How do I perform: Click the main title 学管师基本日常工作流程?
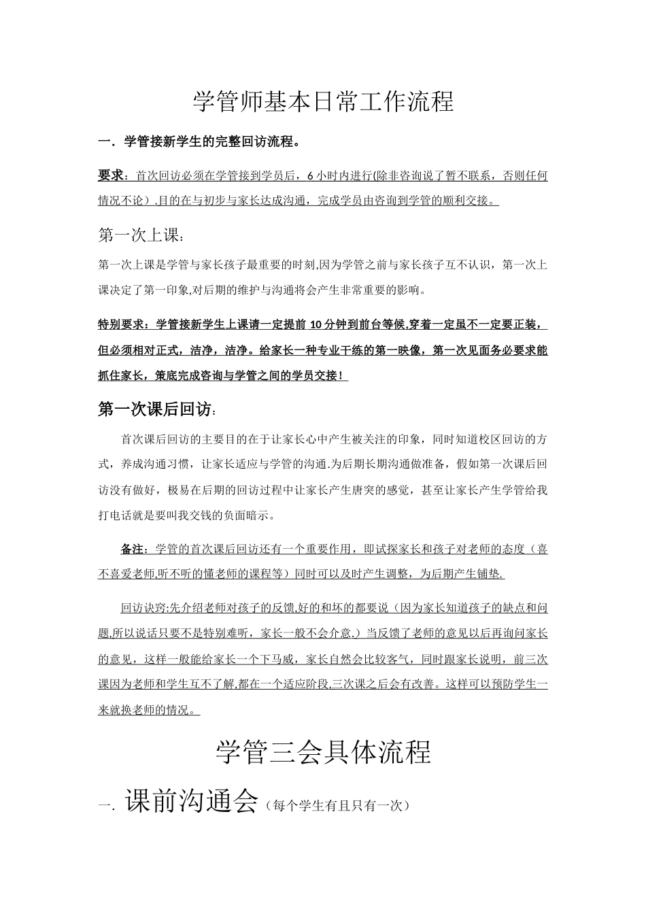coord(323,102)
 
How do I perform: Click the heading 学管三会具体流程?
coord(323,753)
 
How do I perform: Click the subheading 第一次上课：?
coord(141,236)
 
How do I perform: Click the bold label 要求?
coord(112,175)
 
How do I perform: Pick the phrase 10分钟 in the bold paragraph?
coord(331,324)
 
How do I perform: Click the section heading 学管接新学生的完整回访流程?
coord(209,142)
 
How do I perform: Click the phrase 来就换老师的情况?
coord(145,711)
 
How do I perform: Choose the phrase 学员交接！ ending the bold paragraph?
coord(319,376)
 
